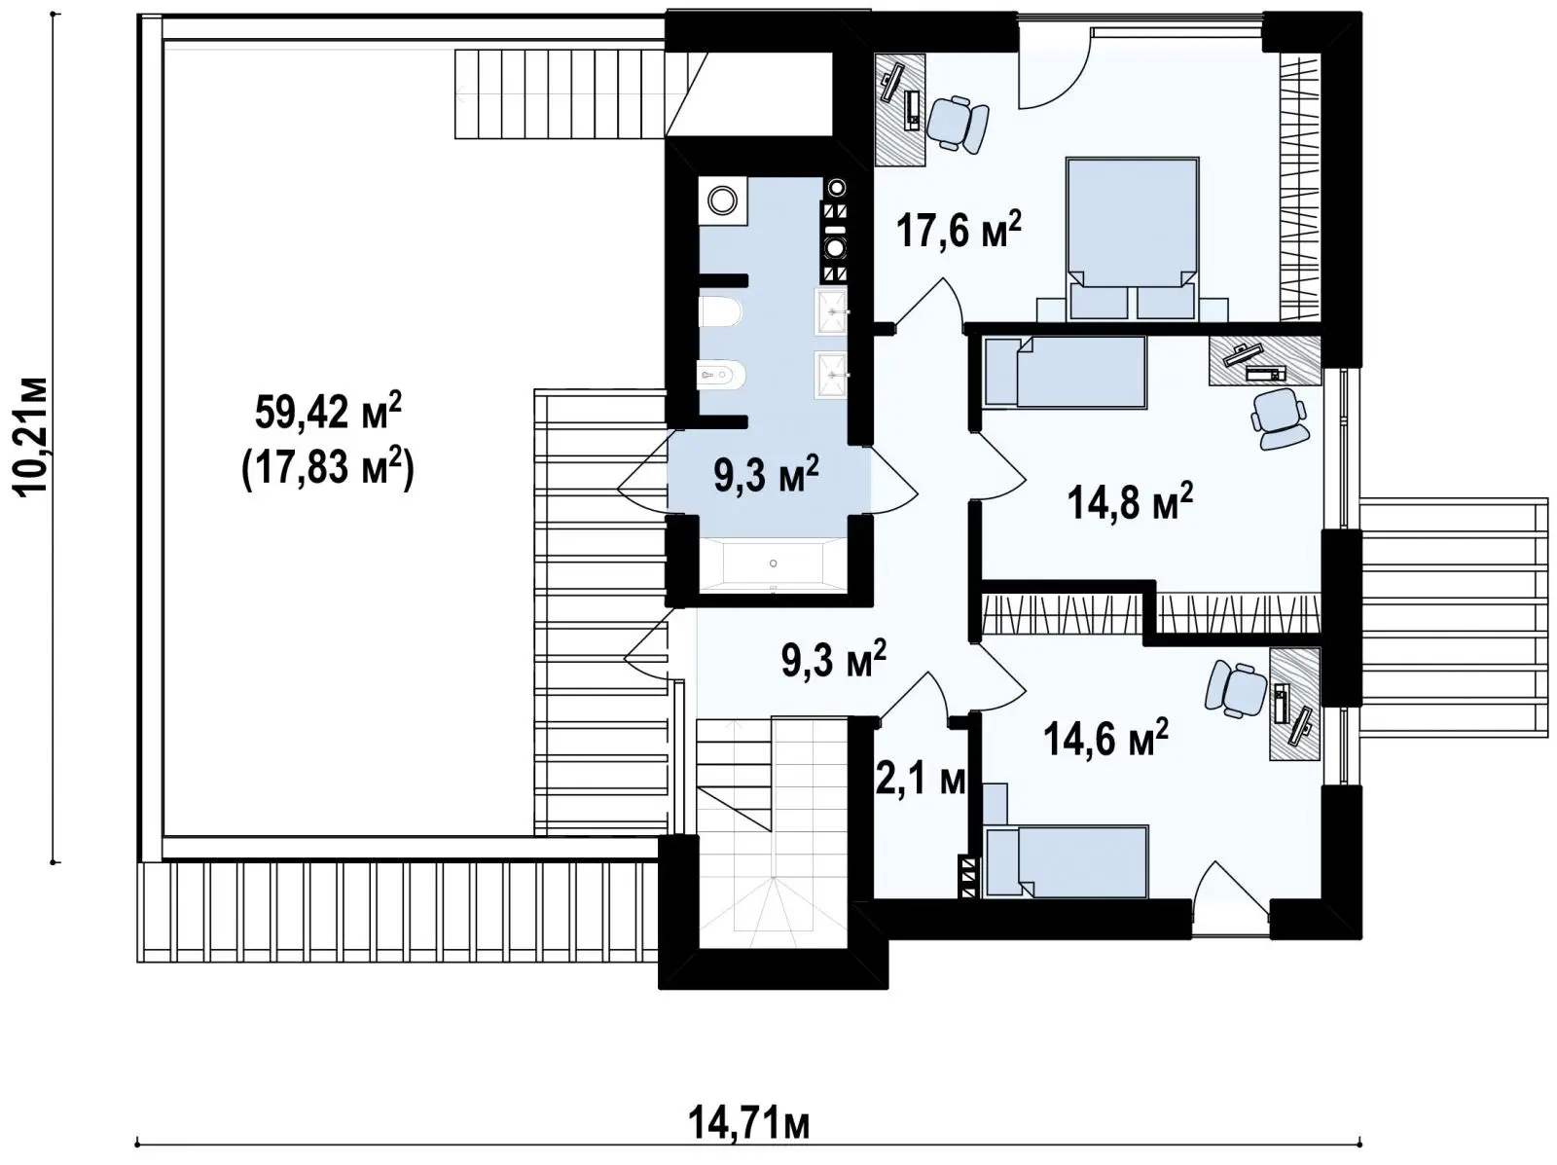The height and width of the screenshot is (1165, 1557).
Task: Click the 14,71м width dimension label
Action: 747,1123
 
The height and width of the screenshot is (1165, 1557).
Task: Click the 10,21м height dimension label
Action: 33,437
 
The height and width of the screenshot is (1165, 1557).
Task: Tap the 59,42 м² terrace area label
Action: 328,412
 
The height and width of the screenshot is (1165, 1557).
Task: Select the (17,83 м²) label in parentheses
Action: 327,468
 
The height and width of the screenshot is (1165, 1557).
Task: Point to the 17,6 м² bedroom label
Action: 960,229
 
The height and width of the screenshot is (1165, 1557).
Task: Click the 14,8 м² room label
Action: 1130,501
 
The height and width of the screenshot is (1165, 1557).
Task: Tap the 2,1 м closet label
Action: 921,781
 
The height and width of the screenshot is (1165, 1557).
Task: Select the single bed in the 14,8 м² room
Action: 1065,372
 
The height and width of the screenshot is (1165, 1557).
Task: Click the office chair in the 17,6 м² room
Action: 958,124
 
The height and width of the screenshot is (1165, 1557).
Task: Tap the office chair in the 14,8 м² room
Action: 1279,418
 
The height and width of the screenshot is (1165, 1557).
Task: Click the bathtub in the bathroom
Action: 774,564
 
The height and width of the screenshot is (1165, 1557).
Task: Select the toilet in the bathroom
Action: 720,311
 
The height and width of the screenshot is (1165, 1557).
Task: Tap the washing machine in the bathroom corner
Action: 723,200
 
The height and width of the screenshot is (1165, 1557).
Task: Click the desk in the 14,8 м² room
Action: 1265,360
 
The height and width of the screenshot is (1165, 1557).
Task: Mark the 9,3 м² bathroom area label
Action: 766,474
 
